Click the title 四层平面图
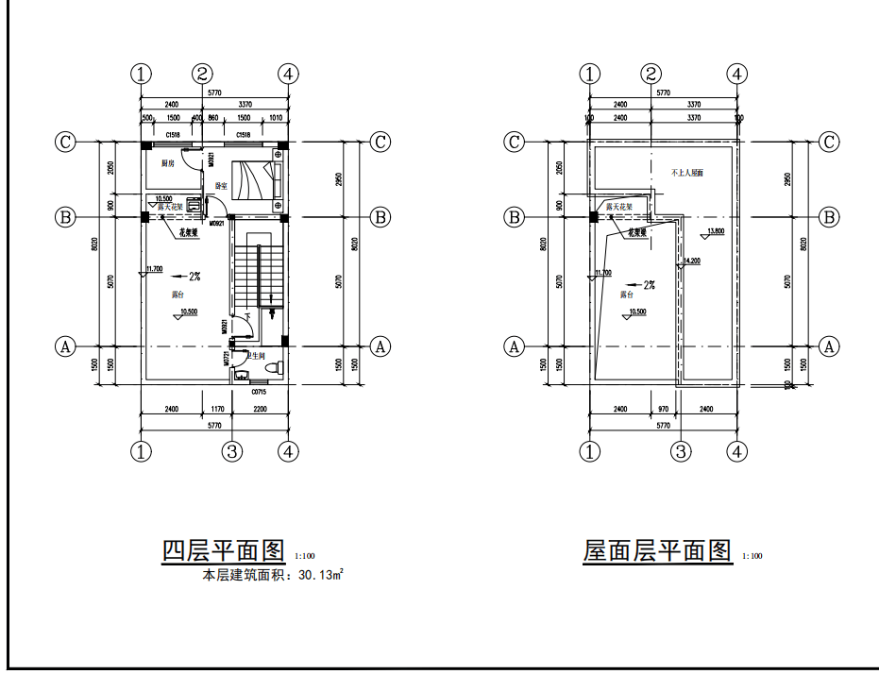223,550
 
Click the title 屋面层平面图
657,550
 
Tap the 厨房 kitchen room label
168,163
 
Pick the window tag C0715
259,390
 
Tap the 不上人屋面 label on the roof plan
687,174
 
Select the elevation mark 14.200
692,261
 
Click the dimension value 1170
216,409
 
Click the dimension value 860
213,118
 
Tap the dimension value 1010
276,118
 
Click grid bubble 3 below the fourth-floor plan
232,451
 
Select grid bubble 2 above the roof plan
651,74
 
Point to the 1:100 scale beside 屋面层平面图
752,556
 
